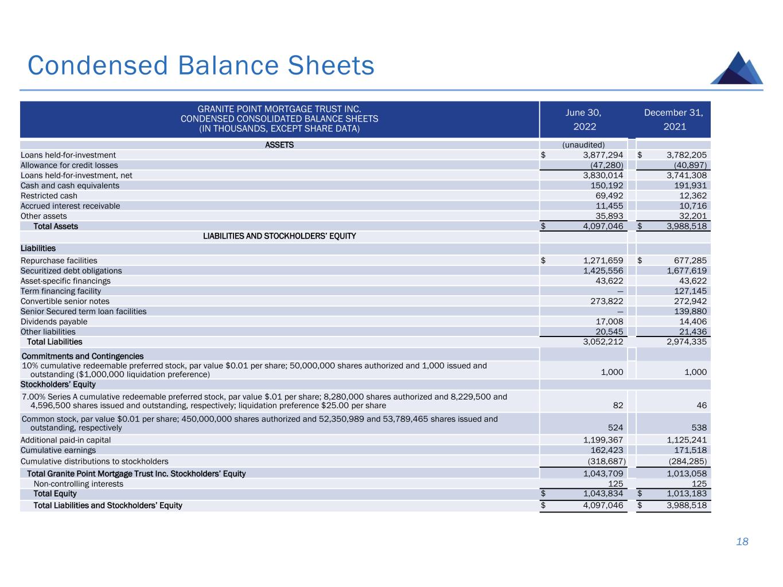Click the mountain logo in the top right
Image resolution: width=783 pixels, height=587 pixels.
click(737, 68)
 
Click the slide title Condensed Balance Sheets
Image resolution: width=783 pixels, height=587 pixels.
click(201, 65)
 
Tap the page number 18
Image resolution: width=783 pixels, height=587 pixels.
click(742, 542)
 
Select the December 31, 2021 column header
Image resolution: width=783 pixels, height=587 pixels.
click(674, 119)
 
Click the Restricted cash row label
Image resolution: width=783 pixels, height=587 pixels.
click(49, 195)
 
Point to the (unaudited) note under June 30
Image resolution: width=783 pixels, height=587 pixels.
click(583, 144)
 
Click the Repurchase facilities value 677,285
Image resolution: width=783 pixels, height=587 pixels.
click(687, 260)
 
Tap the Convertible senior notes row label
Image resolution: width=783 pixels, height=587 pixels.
click(65, 301)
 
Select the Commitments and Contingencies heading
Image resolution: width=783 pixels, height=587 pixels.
click(82, 356)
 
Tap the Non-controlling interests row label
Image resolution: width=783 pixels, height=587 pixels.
click(78, 484)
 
